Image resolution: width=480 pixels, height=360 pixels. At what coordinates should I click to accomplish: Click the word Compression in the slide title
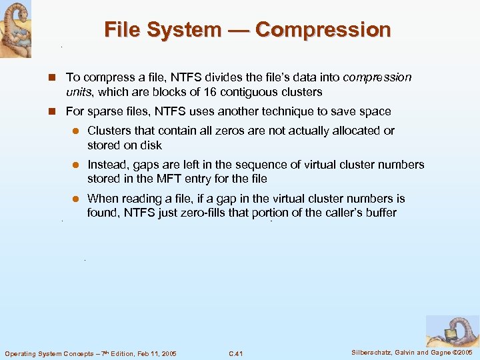point(323,30)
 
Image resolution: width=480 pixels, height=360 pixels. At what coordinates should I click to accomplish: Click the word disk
point(152,145)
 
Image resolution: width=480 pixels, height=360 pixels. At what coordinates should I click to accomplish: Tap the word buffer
point(378,213)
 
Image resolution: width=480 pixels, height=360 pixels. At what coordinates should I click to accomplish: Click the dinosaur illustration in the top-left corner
point(15,28)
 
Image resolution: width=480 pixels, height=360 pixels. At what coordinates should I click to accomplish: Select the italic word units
point(79,92)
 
